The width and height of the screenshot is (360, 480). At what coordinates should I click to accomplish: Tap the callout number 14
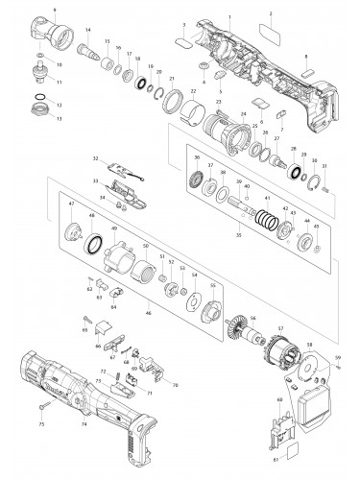[88, 32]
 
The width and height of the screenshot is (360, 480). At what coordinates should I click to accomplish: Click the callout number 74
[84, 423]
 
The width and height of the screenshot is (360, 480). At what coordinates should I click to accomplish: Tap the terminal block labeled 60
[284, 421]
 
